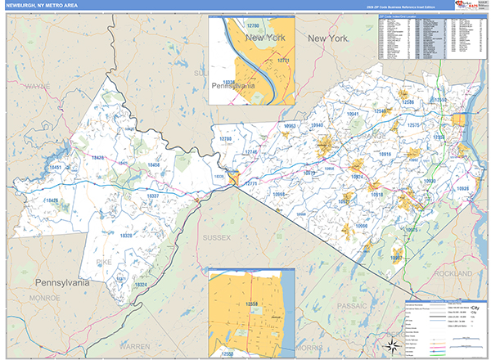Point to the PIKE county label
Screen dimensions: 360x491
click(104, 262)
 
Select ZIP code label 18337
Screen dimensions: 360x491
click(152, 196)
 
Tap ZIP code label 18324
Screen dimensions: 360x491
click(141, 285)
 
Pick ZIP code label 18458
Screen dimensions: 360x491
click(153, 165)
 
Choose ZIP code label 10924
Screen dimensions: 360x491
click(357, 176)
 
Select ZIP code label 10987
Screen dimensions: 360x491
click(397, 257)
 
